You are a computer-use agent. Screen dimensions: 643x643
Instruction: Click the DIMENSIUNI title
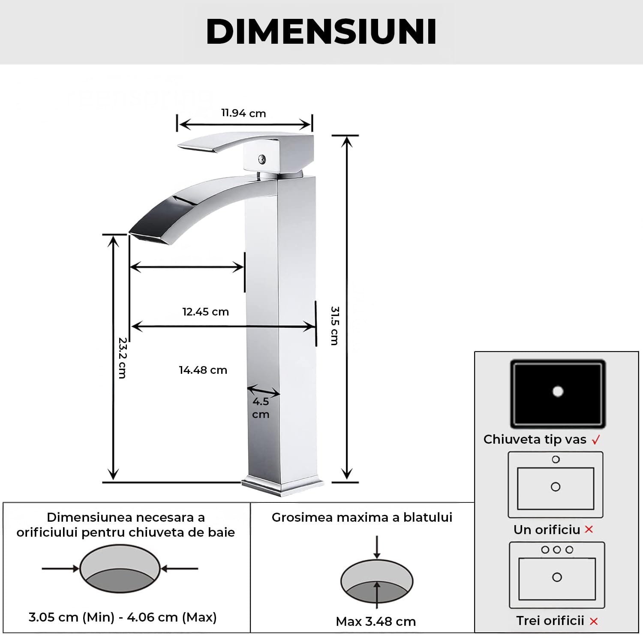point(321,32)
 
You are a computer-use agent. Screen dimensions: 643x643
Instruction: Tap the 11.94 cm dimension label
point(243,113)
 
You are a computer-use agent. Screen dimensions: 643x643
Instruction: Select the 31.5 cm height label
point(335,325)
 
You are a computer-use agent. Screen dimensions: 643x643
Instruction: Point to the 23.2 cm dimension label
point(122,358)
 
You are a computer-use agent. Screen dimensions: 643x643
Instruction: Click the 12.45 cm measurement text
point(205,312)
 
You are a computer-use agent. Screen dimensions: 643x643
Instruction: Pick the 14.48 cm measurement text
point(203,370)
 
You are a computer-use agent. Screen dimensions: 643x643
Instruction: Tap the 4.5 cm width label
point(261,408)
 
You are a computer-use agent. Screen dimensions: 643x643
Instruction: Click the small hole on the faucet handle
point(261,159)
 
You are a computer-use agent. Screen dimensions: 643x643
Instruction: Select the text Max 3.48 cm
point(376,621)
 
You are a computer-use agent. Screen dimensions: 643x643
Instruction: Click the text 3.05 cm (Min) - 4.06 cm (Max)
point(123,617)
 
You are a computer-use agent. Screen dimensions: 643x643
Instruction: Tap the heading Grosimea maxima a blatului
point(362,517)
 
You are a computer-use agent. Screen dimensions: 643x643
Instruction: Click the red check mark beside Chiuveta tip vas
point(596,440)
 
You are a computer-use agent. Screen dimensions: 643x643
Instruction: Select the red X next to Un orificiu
point(589,529)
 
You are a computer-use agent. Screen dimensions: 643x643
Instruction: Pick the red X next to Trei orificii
point(594,621)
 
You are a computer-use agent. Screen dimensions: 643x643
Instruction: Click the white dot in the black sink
point(558,391)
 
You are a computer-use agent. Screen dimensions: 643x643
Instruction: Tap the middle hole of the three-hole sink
point(557,550)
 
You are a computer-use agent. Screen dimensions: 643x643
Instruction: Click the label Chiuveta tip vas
point(535,439)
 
